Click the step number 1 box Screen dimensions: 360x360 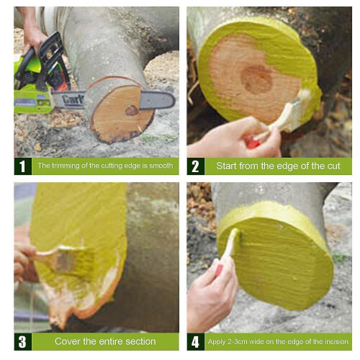tap(22, 166)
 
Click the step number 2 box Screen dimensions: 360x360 tap(195, 166)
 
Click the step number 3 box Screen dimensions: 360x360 tap(22, 341)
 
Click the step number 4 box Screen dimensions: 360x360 tap(195, 341)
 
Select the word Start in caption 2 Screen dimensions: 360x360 tap(228, 166)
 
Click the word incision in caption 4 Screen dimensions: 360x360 tap(333, 341)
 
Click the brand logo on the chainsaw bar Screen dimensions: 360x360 tap(72, 102)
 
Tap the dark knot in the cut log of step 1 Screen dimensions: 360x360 tap(132, 110)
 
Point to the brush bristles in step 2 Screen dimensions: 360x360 tap(295, 112)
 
